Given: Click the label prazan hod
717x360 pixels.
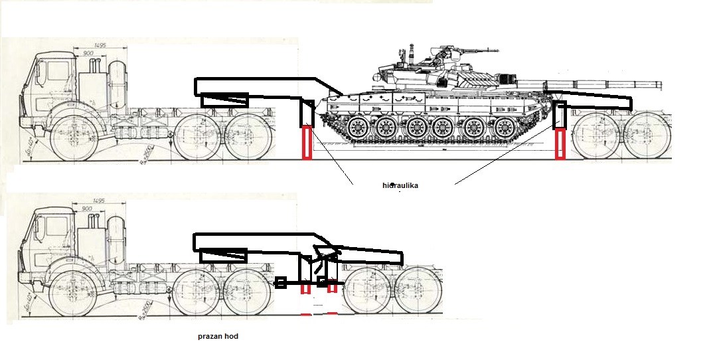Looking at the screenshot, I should [x=218, y=336].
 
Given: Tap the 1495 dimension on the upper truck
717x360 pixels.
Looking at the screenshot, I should [x=100, y=45].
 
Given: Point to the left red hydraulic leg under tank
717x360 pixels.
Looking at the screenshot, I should [x=307, y=143].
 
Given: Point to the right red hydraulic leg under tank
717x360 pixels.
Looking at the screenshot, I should [x=560, y=145].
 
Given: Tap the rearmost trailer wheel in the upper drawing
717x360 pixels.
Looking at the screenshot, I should [x=648, y=137].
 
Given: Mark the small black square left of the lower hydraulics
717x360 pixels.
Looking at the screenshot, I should [x=281, y=284].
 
